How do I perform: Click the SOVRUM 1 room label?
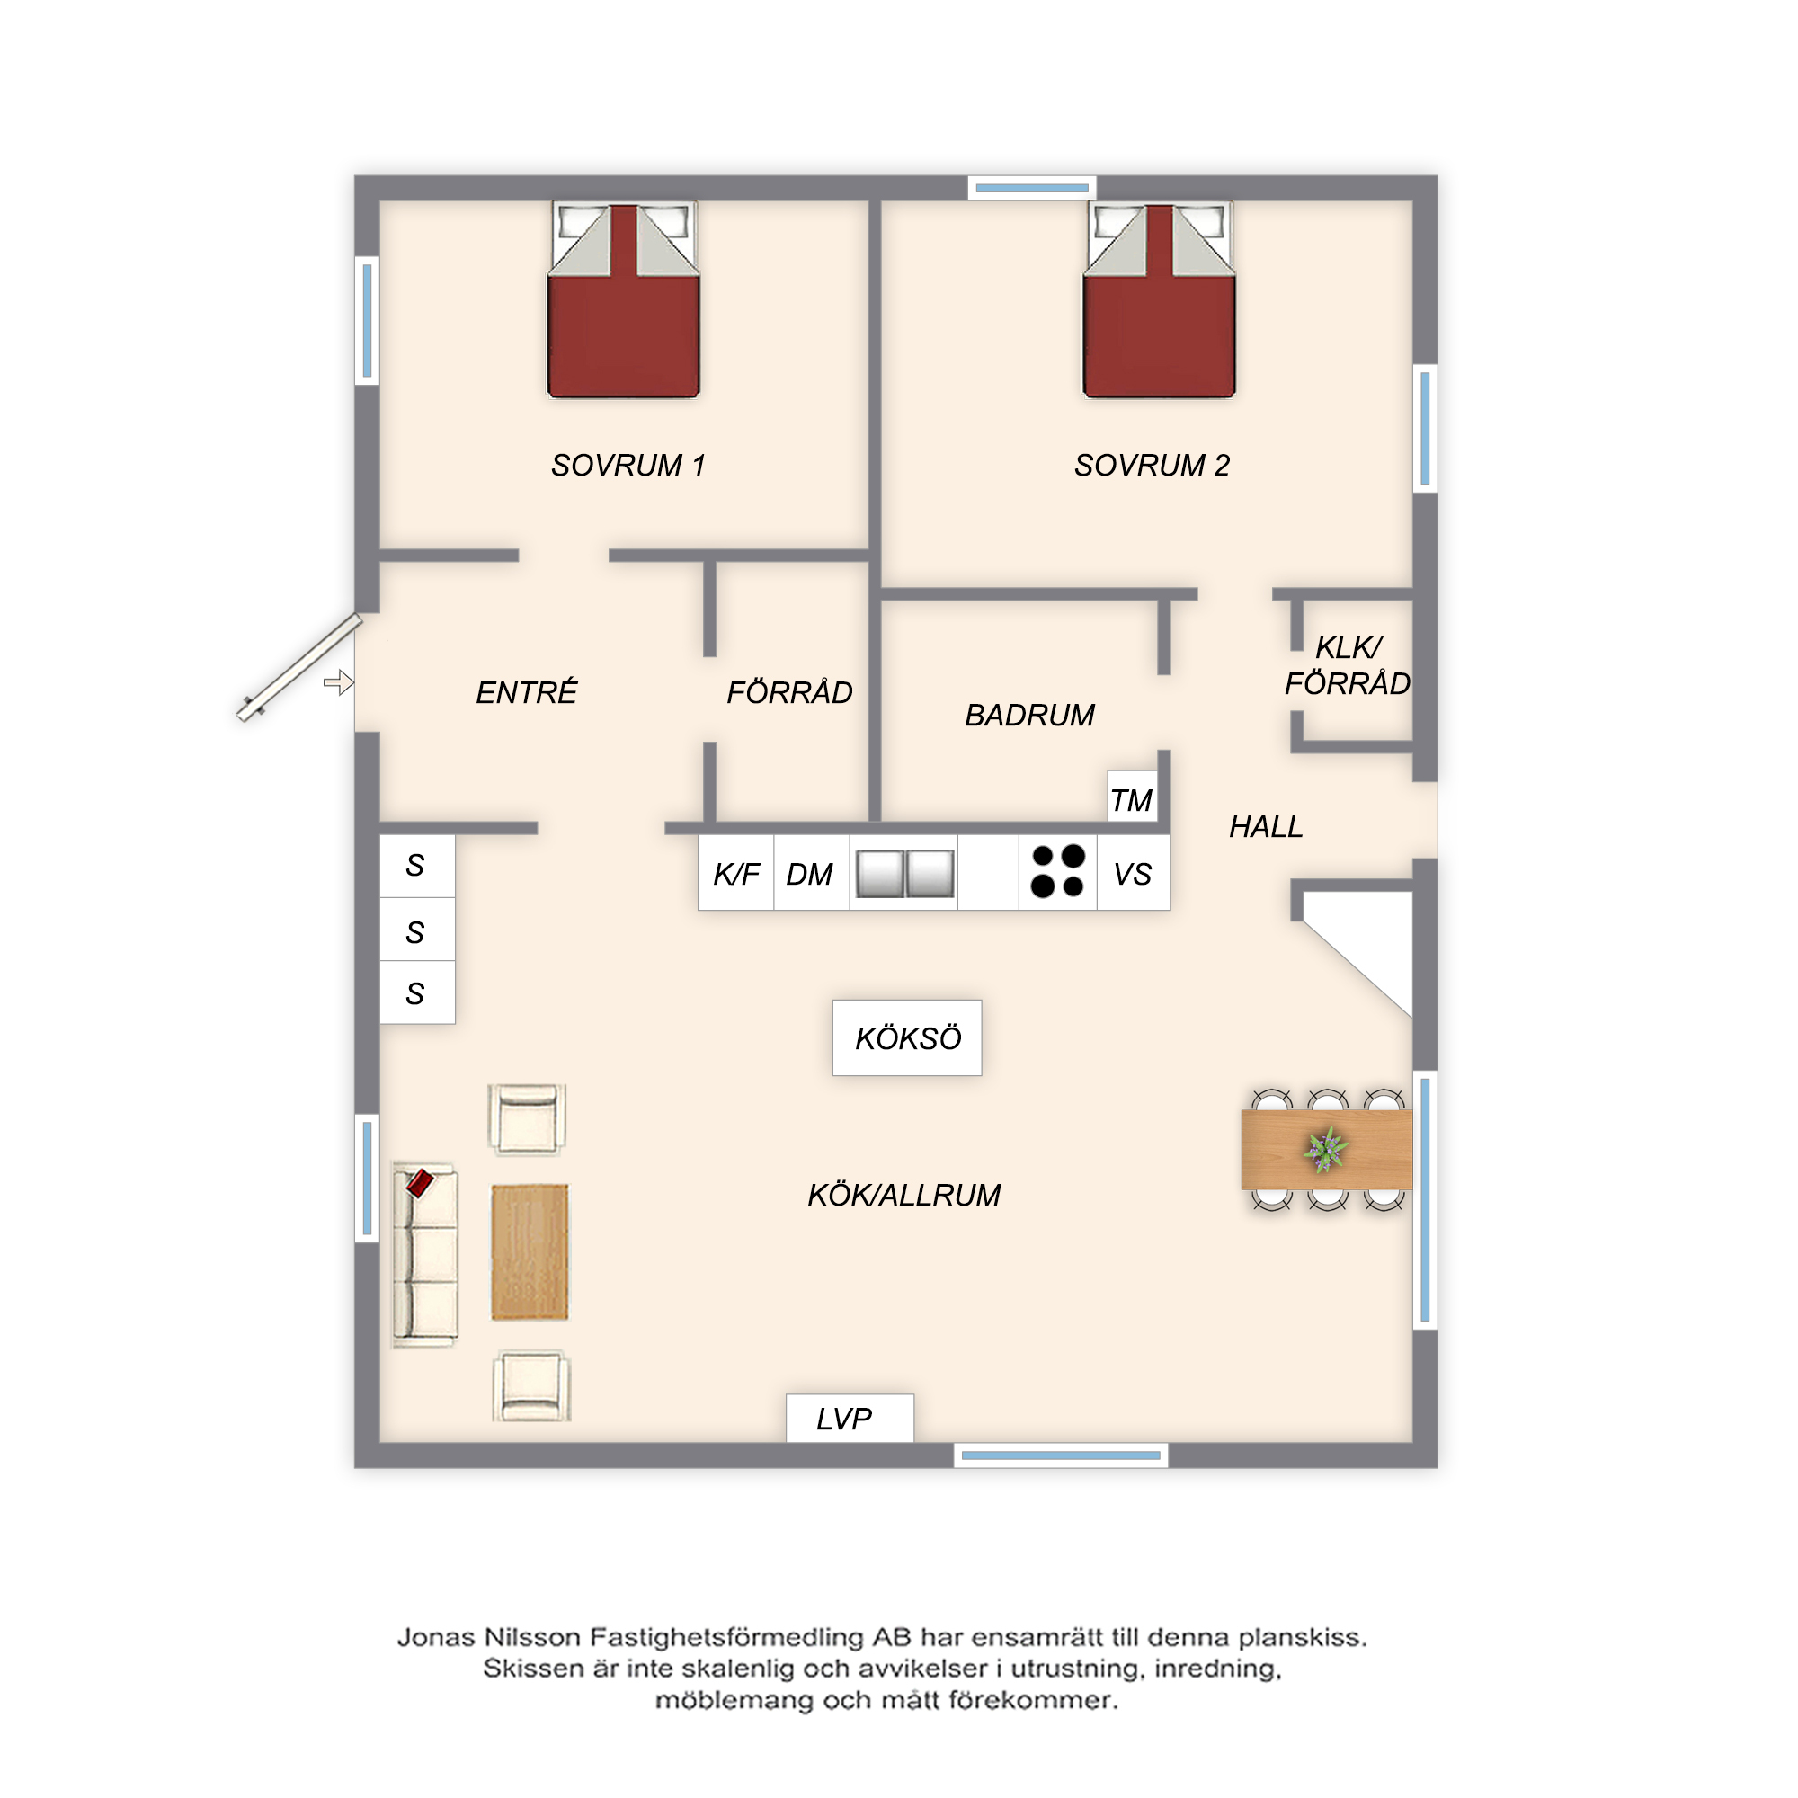[628, 466]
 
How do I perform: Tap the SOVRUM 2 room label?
[1153, 466]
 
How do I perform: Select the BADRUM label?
[1029, 715]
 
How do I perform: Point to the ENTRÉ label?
[527, 691]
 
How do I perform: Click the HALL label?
[1266, 826]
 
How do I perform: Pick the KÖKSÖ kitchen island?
[907, 1037]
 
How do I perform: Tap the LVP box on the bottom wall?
[850, 1419]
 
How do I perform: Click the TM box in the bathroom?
[1133, 797]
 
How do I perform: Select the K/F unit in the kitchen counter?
[736, 873]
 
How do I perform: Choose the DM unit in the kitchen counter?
[811, 873]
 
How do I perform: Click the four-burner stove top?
[1058, 872]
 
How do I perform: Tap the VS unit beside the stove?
[1134, 873]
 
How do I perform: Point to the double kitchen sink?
[904, 874]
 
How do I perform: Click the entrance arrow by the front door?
[339, 682]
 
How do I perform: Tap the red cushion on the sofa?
[421, 1183]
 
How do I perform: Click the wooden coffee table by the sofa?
[530, 1251]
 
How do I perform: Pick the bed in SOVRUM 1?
[624, 299]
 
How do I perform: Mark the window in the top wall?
[1032, 188]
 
